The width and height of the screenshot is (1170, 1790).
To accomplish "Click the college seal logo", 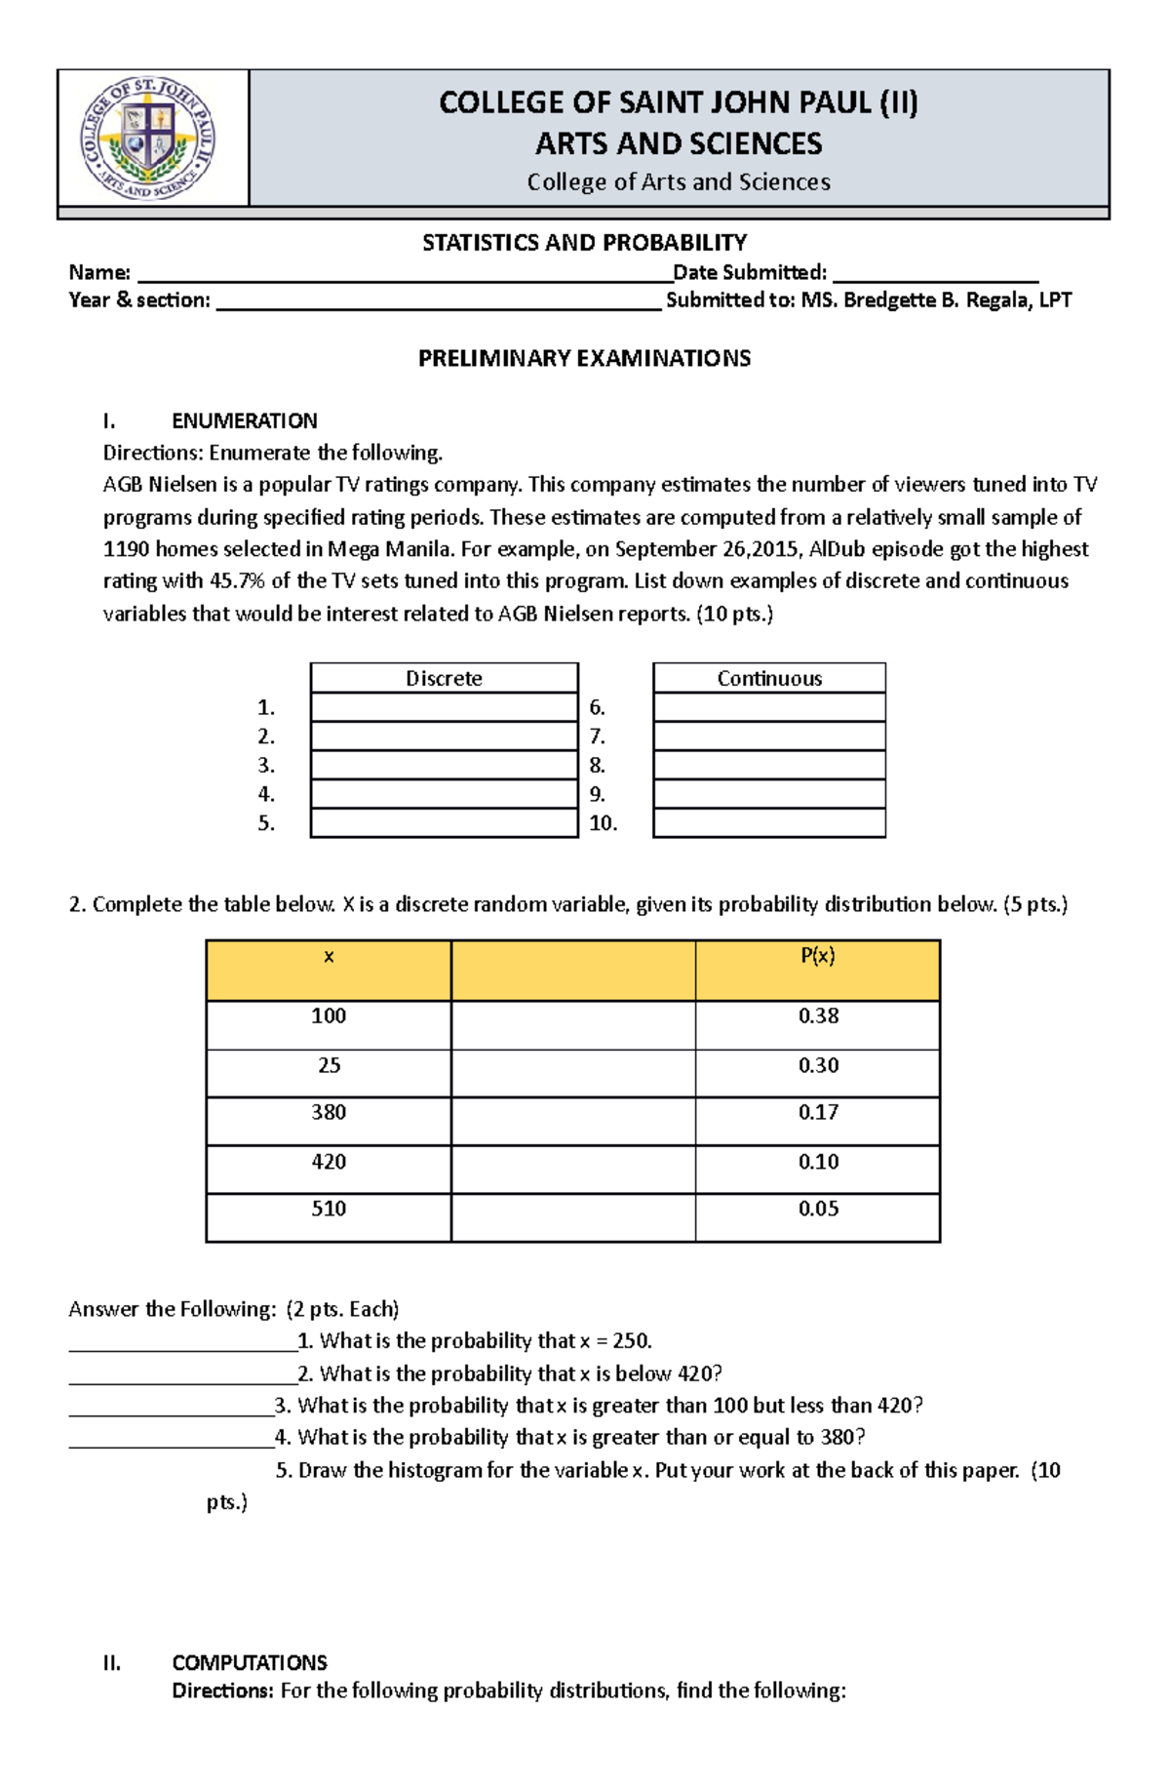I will click(x=147, y=138).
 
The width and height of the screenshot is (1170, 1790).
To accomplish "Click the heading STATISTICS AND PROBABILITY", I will click(x=584, y=243).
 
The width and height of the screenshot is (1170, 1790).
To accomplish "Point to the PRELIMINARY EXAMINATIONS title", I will click(x=584, y=358).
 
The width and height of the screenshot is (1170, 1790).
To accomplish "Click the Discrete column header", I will click(x=444, y=678).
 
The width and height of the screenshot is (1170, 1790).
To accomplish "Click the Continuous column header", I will click(x=769, y=678).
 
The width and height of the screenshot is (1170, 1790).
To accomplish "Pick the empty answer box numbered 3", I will click(x=444, y=765).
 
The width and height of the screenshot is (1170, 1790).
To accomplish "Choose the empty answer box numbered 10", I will click(x=769, y=823).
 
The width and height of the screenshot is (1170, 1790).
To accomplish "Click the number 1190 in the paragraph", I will click(x=126, y=549).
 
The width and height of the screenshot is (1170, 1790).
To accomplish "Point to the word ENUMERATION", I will click(x=244, y=421).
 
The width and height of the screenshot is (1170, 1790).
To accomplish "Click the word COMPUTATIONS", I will click(x=249, y=1662).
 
